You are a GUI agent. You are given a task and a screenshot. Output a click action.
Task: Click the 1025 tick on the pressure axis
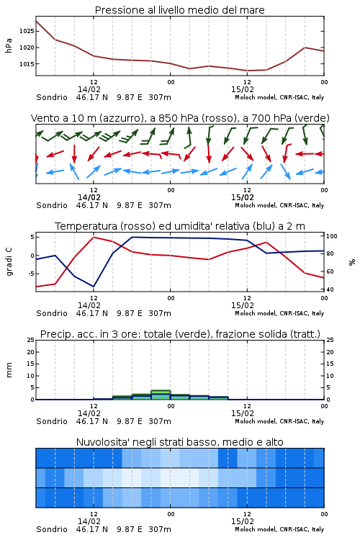(27, 32)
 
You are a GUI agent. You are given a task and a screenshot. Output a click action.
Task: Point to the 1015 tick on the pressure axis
(27, 64)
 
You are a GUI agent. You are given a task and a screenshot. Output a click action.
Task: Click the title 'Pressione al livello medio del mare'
(180, 10)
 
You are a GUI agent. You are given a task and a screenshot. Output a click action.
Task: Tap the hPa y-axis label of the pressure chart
(9, 45)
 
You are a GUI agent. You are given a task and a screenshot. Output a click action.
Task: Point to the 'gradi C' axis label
(9, 262)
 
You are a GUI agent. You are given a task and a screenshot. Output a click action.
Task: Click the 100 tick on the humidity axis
(332, 236)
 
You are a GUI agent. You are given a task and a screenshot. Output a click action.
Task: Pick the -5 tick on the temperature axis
(30, 274)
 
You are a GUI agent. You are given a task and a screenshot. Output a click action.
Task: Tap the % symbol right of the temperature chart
(352, 262)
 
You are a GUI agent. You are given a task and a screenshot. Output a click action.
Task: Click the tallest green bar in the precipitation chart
(161, 395)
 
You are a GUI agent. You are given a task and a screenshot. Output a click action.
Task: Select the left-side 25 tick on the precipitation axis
(31, 341)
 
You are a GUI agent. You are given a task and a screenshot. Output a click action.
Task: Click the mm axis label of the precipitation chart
(9, 370)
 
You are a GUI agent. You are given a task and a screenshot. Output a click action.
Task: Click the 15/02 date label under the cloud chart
(243, 521)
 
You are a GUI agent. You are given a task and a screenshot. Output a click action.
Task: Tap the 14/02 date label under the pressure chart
(89, 89)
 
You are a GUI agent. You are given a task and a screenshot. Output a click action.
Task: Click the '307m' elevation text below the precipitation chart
(160, 421)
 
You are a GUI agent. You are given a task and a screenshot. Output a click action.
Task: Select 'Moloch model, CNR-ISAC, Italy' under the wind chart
(279, 206)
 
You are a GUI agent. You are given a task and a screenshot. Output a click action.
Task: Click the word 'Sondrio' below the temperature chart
(52, 313)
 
